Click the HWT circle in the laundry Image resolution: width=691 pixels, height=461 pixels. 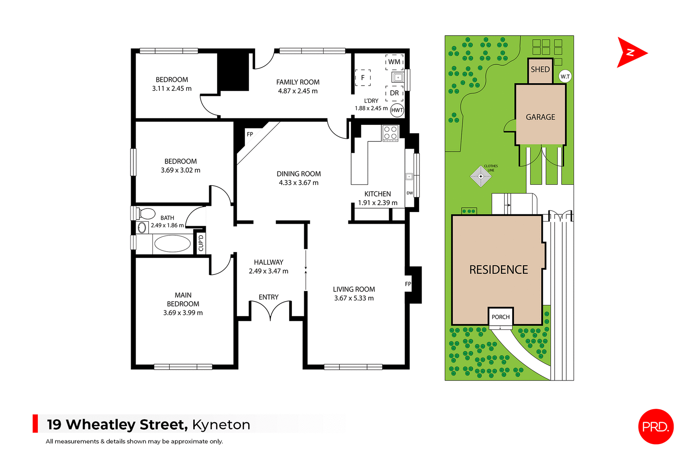click(x=397, y=110)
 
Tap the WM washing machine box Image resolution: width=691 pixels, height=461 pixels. click(x=394, y=62)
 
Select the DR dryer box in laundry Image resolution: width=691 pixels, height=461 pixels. click(x=394, y=93)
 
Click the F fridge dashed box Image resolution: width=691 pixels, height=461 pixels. click(x=363, y=78)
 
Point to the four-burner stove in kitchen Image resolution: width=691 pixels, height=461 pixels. click(x=390, y=133)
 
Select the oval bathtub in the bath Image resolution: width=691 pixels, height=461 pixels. click(x=172, y=244)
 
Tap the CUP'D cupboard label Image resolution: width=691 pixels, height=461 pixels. click(x=201, y=243)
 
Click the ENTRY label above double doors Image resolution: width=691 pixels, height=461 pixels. click(x=268, y=297)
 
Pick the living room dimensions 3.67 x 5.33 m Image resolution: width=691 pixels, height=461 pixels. click(x=354, y=298)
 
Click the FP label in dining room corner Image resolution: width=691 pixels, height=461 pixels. click(x=250, y=135)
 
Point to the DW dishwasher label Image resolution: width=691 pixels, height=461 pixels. click(x=410, y=193)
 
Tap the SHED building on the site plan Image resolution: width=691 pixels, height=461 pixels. click(x=540, y=70)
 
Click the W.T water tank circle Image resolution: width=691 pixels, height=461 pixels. click(x=565, y=77)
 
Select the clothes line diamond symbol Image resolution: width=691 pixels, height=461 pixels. click(x=480, y=176)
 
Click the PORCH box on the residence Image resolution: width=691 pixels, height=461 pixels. click(x=501, y=317)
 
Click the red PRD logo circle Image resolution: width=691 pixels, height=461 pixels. click(x=655, y=427)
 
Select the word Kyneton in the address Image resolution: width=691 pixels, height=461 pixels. click(x=221, y=425)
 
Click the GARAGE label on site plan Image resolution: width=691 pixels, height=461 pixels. click(x=540, y=117)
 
